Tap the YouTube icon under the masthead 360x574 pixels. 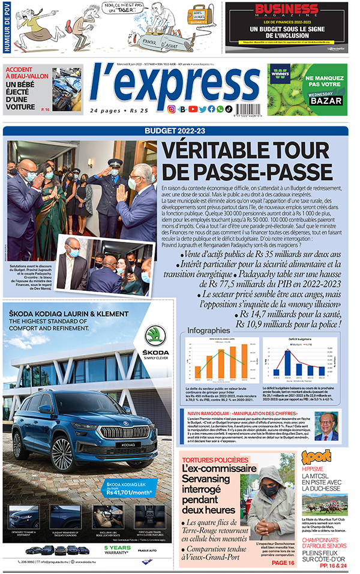coord(192,109)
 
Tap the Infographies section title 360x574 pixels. coord(209,330)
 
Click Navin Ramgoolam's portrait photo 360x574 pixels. coord(327,426)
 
